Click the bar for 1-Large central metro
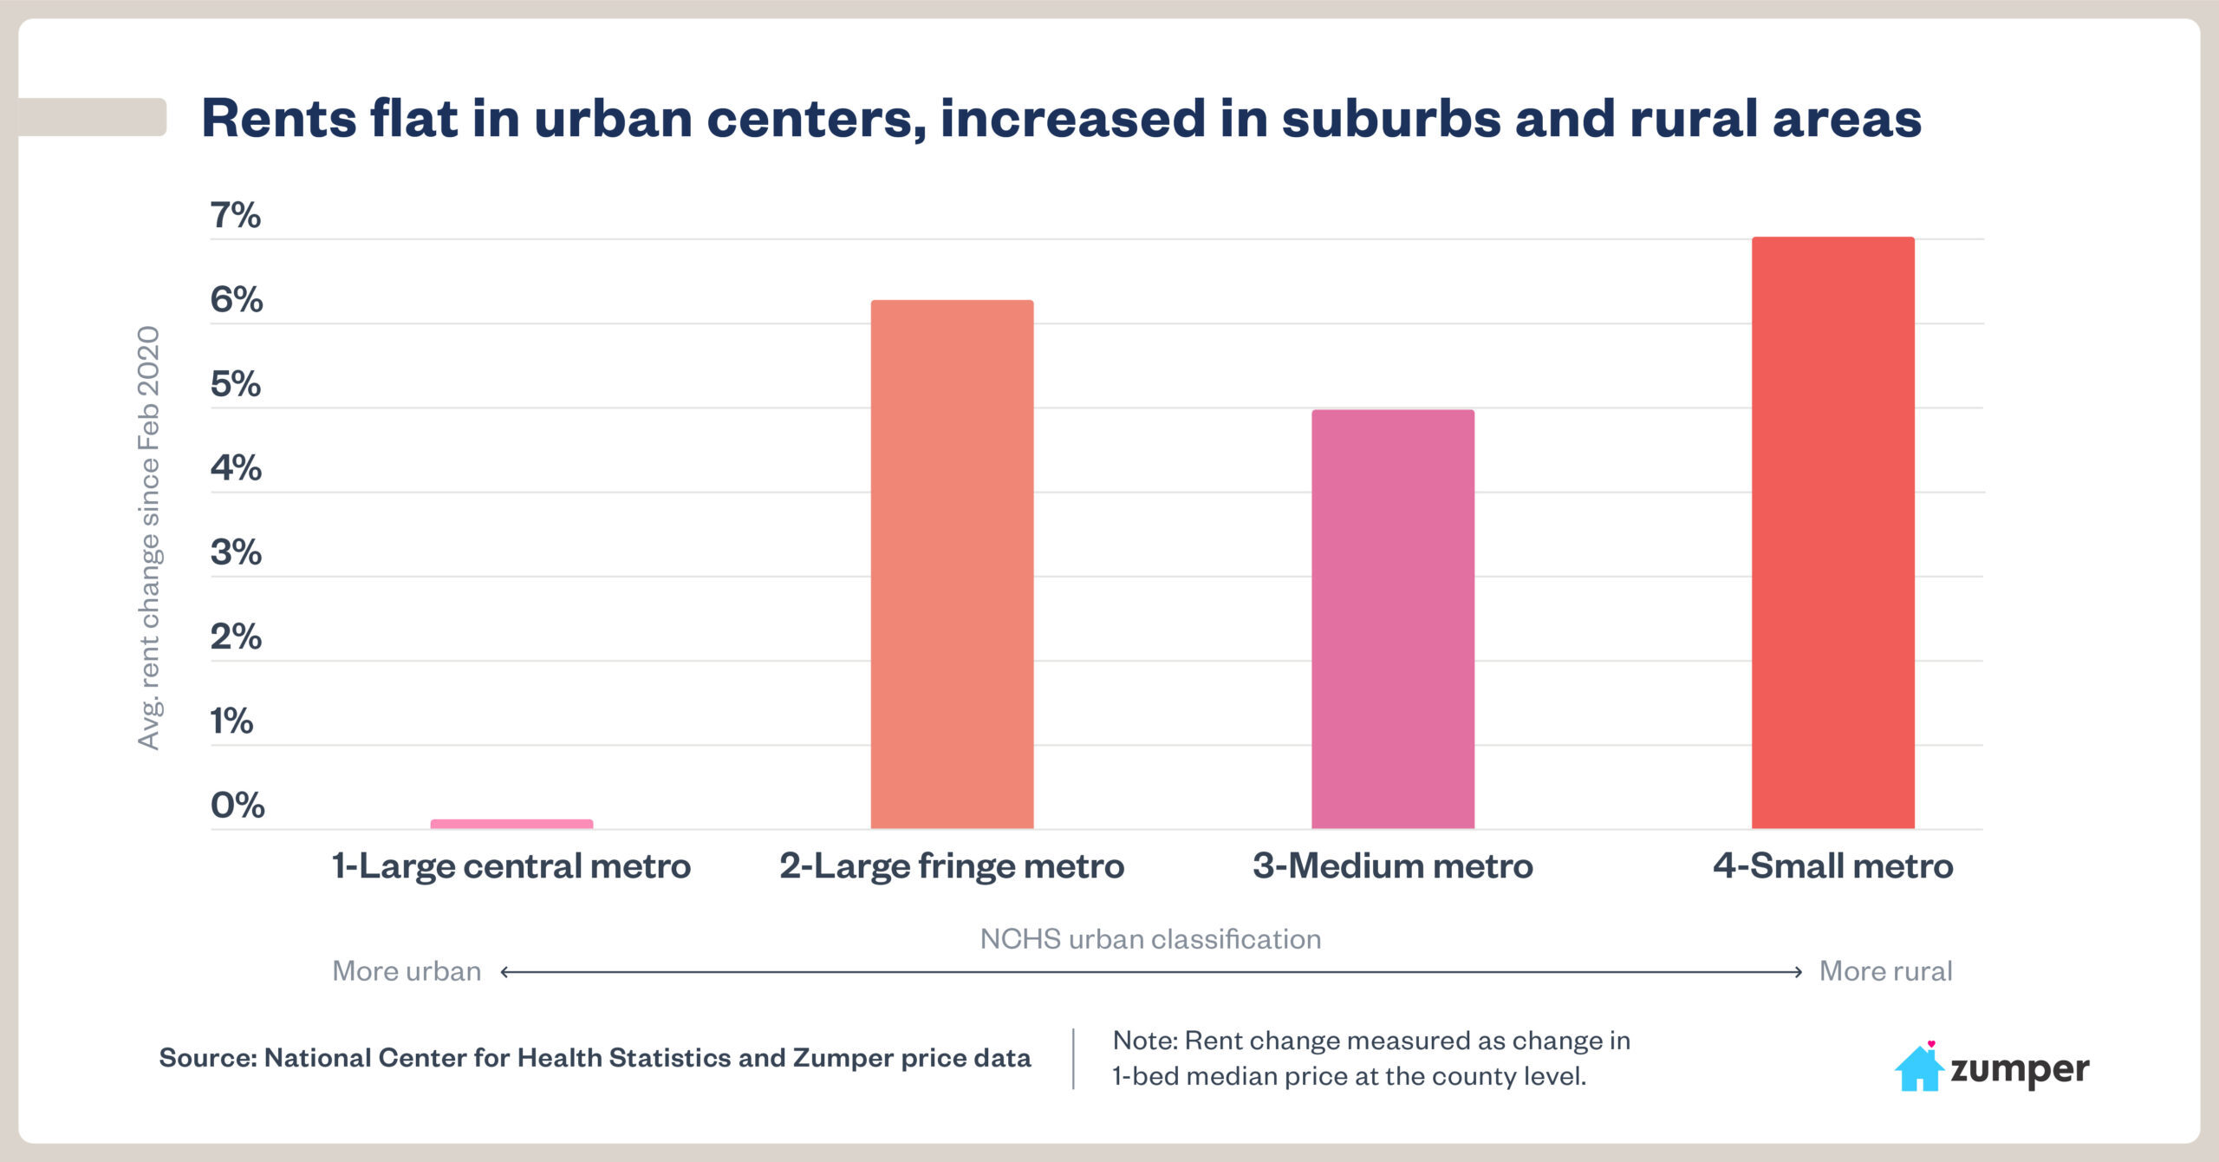(511, 824)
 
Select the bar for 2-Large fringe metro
(952, 564)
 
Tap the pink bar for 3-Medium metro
(1392, 619)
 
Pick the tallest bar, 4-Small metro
(1832, 532)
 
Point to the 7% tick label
(235, 215)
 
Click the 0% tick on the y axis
(237, 805)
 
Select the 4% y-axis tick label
(236, 467)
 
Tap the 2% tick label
(236, 636)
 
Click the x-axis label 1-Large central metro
(511, 865)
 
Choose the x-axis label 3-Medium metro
(1392, 865)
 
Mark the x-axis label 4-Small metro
(1832, 865)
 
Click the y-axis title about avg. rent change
(149, 538)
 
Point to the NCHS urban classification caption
(1150, 939)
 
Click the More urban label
(407, 971)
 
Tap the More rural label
(1885, 971)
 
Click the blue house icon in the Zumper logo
(1918, 1070)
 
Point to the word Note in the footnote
(1142, 1041)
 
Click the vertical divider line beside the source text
(1073, 1058)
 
